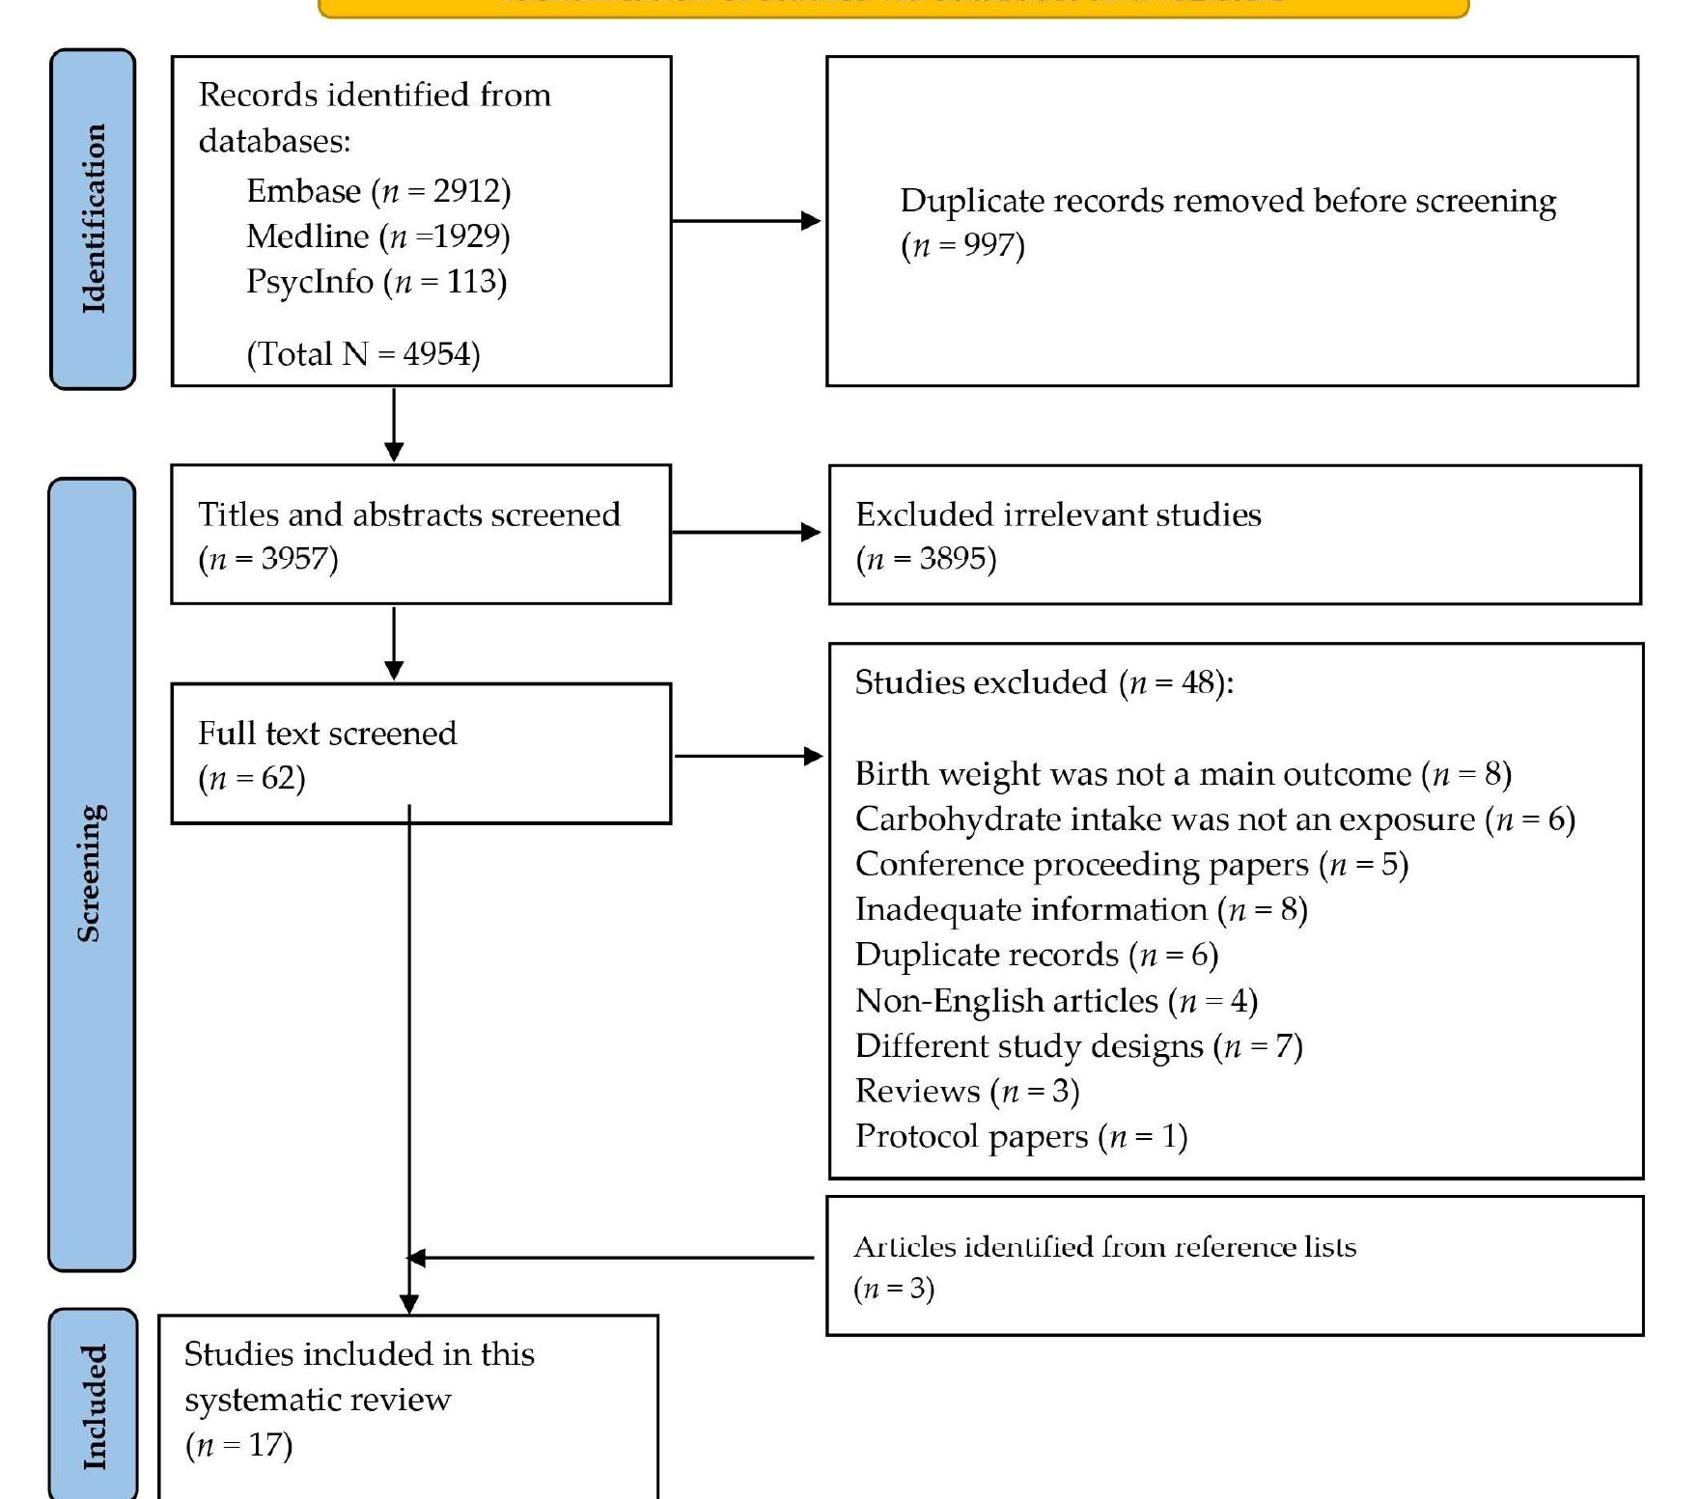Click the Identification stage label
pyautogui.click(x=93, y=219)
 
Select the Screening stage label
pyautogui.click(x=91, y=874)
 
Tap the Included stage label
pyautogui.click(x=94, y=1406)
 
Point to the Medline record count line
pyautogui.click(x=377, y=236)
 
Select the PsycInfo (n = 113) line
pyautogui.click(x=376, y=282)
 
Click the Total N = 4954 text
pyautogui.click(x=363, y=354)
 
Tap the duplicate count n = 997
pyautogui.click(x=962, y=245)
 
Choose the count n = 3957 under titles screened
pyautogui.click(x=268, y=559)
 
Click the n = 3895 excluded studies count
pyautogui.click(x=926, y=559)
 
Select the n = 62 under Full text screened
pyautogui.click(x=252, y=778)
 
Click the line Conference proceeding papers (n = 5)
pyautogui.click(x=1131, y=864)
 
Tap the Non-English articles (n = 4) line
pyautogui.click(x=1056, y=1001)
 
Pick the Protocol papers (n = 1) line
pyautogui.click(x=1021, y=1136)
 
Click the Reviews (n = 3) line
pyautogui.click(x=967, y=1091)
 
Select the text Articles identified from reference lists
pyautogui.click(x=1104, y=1247)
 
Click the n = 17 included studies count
pyautogui.click(x=238, y=1445)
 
